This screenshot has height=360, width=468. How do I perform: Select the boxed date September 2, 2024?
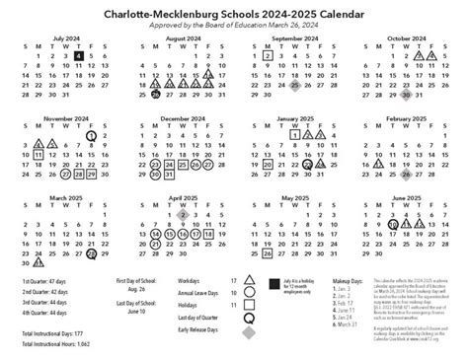tap(268, 57)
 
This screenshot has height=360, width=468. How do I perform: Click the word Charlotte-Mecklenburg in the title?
tap(149, 15)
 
